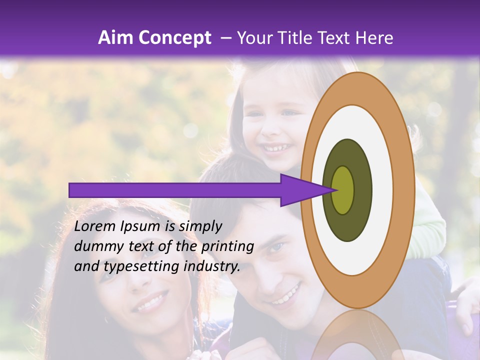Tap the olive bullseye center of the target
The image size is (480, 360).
[x=343, y=190]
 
